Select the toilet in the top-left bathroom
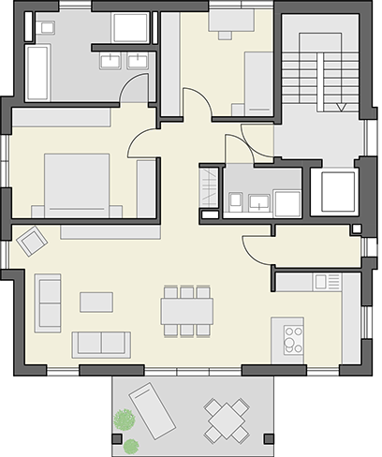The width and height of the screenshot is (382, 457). coord(47,27)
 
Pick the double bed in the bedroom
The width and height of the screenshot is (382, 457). coord(77,184)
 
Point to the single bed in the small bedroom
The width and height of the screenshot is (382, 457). coord(257,82)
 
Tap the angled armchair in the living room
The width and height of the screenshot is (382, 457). coord(33,241)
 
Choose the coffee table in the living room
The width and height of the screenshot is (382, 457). coord(95,302)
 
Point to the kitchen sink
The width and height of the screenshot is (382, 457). coord(327,281)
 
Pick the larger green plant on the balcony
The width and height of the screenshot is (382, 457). coord(124,420)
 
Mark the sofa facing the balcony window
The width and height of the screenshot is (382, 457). coord(100,344)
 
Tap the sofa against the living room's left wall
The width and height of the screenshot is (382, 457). coord(48,302)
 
